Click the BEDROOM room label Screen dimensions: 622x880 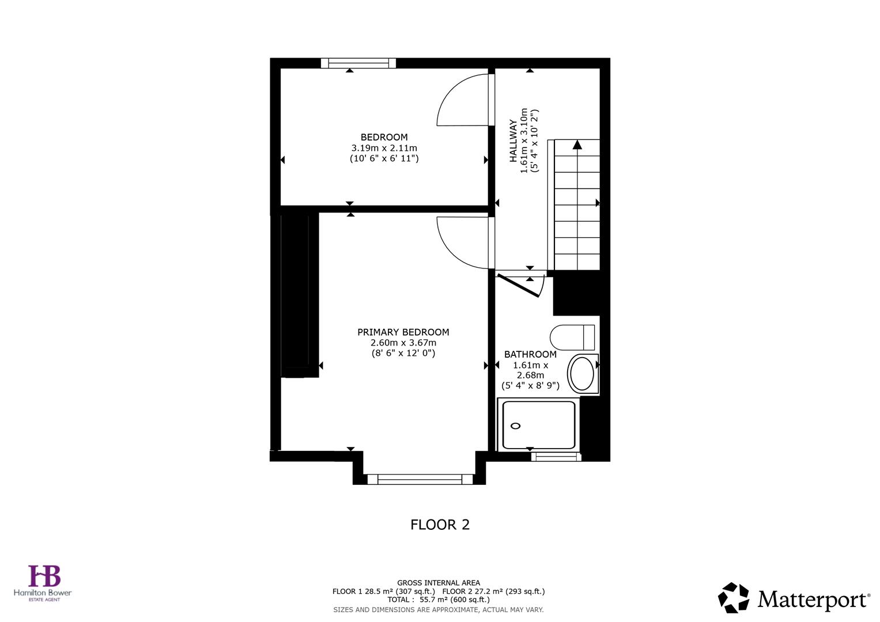pyautogui.click(x=384, y=137)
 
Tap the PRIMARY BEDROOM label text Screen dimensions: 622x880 pyautogui.click(x=403, y=332)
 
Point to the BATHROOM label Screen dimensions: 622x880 pyautogui.click(x=530, y=355)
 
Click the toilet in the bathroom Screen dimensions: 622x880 pyautogui.click(x=572, y=337)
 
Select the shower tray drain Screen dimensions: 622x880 pyautogui.click(x=515, y=426)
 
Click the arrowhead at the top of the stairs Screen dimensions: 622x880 pyautogui.click(x=577, y=145)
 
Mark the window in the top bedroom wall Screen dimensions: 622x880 pyautogui.click(x=358, y=63)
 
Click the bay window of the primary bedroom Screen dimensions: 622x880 pyautogui.click(x=420, y=479)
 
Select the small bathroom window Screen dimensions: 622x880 pyautogui.click(x=556, y=457)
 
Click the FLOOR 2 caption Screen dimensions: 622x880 pyautogui.click(x=440, y=525)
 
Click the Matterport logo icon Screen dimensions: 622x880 pyautogui.click(x=734, y=598)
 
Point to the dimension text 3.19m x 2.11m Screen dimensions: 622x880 pyautogui.click(x=384, y=148)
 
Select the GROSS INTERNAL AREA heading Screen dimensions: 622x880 pyautogui.click(x=438, y=583)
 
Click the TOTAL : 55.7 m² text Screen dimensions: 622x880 pyautogui.click(x=438, y=600)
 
